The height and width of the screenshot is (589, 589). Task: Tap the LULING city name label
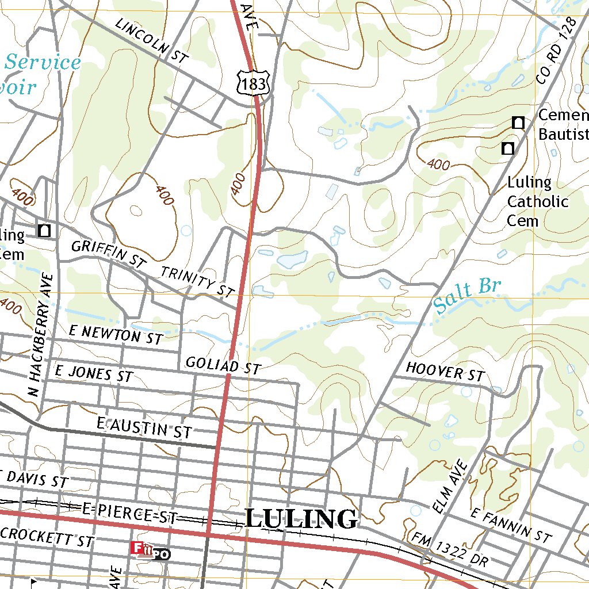click(x=301, y=518)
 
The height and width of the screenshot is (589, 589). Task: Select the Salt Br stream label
click(x=468, y=296)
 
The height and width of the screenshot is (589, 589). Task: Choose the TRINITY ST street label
click(x=197, y=281)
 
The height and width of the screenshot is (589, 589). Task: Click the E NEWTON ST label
click(x=116, y=334)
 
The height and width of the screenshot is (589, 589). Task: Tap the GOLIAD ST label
click(x=223, y=365)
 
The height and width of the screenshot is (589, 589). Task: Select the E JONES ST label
click(x=93, y=373)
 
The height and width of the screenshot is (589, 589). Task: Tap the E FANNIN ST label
click(x=511, y=525)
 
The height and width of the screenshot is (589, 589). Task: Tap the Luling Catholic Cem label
click(x=537, y=202)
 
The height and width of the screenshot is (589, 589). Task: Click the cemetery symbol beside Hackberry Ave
click(x=44, y=231)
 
